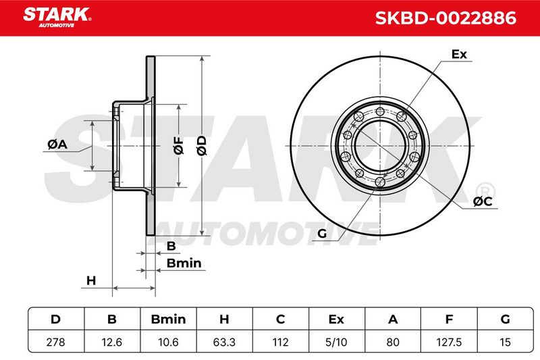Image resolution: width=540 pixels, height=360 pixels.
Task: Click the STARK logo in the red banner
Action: pos(57,18)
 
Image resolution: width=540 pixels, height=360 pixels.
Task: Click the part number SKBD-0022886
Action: pos(446,18)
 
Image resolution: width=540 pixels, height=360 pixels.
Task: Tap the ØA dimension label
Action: pos(57,144)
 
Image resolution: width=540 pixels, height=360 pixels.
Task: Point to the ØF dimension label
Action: pos(179,145)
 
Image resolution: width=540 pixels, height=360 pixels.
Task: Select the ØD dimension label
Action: pos(202,145)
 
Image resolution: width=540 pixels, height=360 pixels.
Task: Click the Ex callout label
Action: pos(459,54)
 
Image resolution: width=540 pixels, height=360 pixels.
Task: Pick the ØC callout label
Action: pos(483,201)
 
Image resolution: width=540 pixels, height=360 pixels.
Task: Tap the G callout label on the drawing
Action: pos(322,233)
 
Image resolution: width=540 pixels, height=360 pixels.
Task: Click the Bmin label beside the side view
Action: pos(184,263)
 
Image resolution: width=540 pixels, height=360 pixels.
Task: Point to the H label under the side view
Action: pos(91,281)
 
